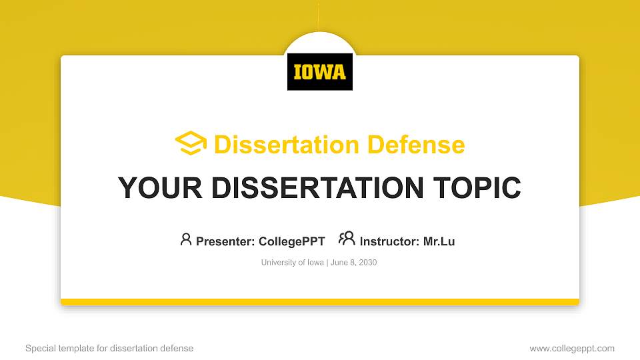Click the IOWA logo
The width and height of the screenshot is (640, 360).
pos(320,71)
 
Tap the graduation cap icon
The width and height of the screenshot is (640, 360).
pos(191,143)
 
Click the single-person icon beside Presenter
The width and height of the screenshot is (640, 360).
pos(186,239)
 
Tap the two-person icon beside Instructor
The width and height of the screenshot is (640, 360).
pos(347,239)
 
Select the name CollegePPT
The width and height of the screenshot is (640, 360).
pos(291,241)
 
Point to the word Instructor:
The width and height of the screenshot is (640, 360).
pos(389,241)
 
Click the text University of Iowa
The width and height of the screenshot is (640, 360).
pos(292,263)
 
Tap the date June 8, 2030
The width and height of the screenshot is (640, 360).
pos(353,263)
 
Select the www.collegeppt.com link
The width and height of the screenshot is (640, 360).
pos(572,348)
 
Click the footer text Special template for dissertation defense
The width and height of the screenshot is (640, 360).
pos(109,348)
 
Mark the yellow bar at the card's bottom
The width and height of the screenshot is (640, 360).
pos(320,302)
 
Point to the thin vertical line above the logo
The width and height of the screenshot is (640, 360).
pos(319,17)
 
